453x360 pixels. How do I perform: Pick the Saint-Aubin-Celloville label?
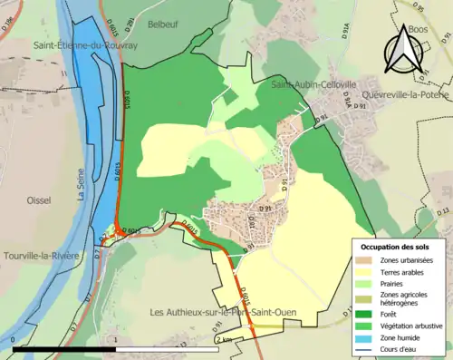309,84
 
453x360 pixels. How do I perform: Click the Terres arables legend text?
407,272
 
